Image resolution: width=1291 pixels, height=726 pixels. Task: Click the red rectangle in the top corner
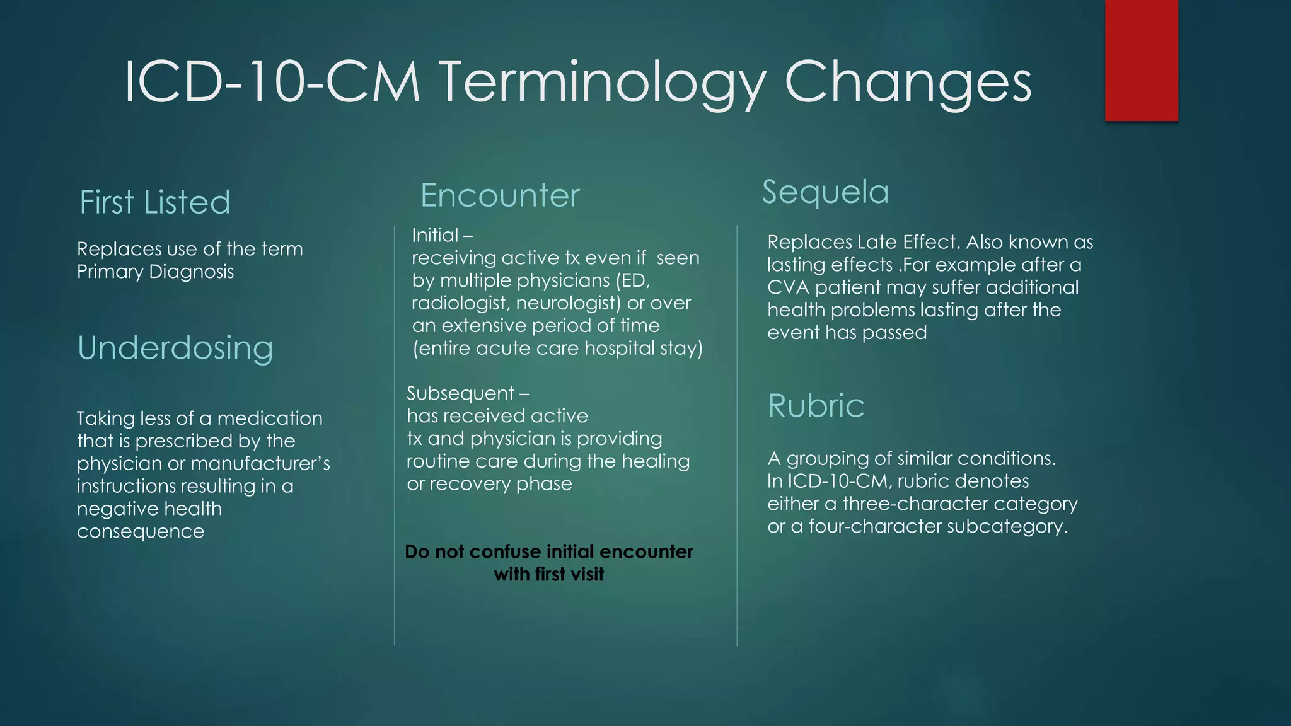[x=1141, y=60]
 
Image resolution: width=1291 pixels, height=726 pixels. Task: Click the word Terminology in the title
[x=601, y=83]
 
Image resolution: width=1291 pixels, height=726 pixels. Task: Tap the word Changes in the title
[x=908, y=83]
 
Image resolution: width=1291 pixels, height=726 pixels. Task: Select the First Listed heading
[x=155, y=202]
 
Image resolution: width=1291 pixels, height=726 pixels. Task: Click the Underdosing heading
[x=175, y=348]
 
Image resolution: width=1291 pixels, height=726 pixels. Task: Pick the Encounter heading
[x=500, y=195]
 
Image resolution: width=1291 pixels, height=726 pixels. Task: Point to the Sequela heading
[x=825, y=192]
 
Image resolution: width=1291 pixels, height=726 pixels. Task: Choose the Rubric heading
[x=816, y=405]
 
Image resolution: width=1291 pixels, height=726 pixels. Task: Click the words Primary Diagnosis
[x=156, y=272]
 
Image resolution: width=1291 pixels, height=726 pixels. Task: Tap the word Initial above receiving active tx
[x=435, y=235]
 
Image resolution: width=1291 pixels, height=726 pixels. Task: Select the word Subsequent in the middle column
[x=460, y=393]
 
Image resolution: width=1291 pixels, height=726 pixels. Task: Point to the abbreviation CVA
[x=788, y=287]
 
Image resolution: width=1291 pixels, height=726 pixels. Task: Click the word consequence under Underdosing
[x=141, y=531]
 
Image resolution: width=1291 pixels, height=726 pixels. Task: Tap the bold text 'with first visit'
[x=549, y=574]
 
